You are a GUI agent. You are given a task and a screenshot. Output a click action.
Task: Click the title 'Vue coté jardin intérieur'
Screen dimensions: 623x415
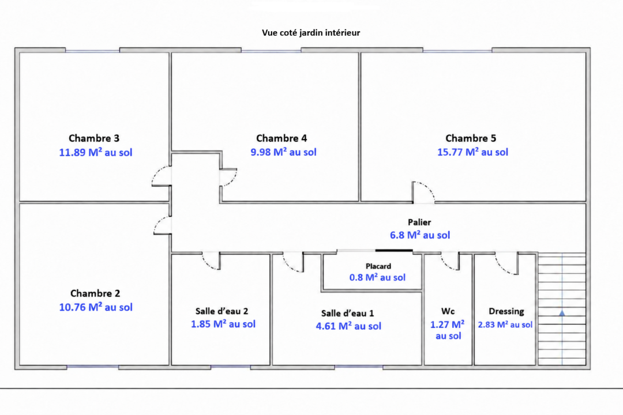(311, 32)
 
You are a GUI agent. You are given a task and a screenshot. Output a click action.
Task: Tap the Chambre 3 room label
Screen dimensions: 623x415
(94, 138)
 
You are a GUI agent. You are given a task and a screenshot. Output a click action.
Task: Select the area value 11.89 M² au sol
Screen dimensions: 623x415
(96, 152)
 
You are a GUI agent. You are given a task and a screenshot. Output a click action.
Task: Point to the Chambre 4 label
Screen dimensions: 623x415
(282, 138)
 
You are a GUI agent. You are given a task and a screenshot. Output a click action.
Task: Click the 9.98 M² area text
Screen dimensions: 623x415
(283, 152)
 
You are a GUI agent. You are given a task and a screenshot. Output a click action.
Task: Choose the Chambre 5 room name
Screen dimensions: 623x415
(471, 138)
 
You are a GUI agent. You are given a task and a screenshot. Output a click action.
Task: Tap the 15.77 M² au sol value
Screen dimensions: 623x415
(473, 152)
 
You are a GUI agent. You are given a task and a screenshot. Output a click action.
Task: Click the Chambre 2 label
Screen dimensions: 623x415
(95, 293)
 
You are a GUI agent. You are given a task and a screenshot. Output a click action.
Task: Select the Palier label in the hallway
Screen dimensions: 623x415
(419, 222)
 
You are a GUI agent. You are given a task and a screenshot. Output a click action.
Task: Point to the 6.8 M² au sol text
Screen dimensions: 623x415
(420, 235)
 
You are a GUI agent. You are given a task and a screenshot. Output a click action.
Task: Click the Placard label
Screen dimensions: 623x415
(378, 266)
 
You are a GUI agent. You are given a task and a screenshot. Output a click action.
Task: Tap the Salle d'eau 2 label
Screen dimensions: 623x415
(222, 311)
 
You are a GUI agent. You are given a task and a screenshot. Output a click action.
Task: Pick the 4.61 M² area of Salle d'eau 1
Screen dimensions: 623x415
(348, 326)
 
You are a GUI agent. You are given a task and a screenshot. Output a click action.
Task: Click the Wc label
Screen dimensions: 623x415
(448, 311)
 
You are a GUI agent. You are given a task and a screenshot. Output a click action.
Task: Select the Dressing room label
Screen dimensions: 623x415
(506, 311)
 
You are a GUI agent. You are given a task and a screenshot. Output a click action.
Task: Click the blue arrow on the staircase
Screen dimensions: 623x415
(562, 314)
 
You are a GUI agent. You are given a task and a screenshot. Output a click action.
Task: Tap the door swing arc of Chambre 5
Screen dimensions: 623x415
(427, 187)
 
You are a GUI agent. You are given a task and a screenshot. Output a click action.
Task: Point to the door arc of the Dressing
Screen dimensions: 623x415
(502, 267)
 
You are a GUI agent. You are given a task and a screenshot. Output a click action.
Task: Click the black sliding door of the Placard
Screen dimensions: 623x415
(394, 251)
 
